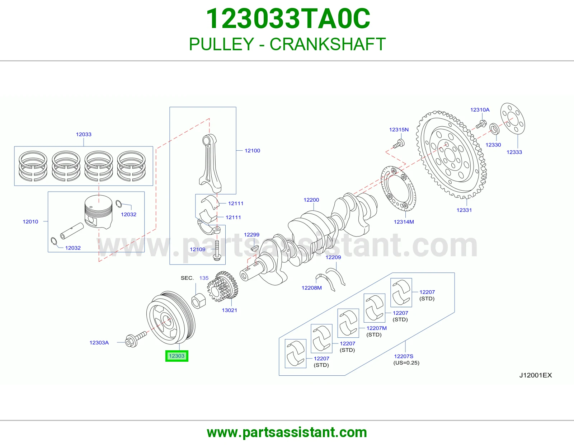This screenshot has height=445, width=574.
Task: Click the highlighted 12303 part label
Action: (x=177, y=356)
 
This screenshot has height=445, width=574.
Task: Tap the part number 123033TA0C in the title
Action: (x=288, y=19)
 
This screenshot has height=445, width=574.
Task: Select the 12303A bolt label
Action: (x=99, y=342)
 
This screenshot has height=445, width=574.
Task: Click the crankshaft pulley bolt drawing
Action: (x=136, y=339)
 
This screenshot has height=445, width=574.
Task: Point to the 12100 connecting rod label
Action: (x=252, y=151)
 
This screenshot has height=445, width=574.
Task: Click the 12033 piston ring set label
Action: (x=84, y=134)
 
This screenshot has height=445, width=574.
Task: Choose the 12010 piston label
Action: (x=30, y=222)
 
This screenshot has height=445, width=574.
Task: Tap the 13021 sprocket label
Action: (x=230, y=310)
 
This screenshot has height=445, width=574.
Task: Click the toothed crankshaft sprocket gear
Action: (x=223, y=286)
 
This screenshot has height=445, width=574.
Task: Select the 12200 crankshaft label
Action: (x=311, y=200)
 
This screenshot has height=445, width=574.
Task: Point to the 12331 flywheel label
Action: (x=464, y=210)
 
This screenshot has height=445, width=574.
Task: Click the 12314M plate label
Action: (x=404, y=222)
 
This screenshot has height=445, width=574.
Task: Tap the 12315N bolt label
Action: (x=399, y=130)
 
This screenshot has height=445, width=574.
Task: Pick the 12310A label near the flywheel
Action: (x=480, y=110)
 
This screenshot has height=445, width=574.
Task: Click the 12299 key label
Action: (x=251, y=235)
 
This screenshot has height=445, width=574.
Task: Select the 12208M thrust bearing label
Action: (x=312, y=288)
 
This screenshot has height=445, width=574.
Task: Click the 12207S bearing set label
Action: (x=404, y=356)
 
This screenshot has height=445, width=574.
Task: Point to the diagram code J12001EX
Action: (x=535, y=375)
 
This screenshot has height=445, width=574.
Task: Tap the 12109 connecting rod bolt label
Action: (x=198, y=249)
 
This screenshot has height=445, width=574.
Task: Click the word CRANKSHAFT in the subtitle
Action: (x=328, y=44)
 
